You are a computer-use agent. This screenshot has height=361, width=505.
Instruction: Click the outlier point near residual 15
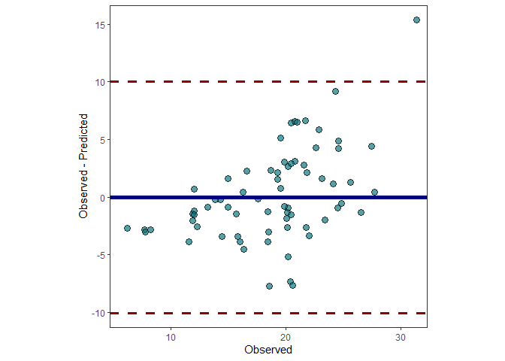coord(416,20)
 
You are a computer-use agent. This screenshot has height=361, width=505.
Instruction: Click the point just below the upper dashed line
coord(335,91)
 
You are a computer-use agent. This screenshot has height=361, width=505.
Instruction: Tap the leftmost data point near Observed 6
coord(127,228)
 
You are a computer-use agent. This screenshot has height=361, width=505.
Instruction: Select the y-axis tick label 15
coord(98,24)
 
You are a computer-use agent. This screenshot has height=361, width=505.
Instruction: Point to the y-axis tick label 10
coord(98,81)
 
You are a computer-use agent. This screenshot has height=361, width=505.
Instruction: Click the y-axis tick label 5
coord(101,139)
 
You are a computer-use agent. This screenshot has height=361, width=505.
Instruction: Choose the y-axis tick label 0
coord(101,197)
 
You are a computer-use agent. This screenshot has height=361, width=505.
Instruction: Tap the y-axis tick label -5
coord(98,255)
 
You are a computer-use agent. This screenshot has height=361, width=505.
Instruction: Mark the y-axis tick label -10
coord(96,313)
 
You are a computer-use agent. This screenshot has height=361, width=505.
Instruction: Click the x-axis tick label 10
coord(171,336)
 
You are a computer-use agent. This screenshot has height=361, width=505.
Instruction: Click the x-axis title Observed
coord(268,350)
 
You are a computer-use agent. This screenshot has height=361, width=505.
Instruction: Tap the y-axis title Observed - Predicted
coord(84,166)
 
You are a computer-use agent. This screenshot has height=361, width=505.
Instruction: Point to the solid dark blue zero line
coord(225,197)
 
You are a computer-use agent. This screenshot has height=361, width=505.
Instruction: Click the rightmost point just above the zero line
coord(374,192)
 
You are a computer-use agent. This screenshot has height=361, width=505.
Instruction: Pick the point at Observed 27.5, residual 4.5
coord(371,146)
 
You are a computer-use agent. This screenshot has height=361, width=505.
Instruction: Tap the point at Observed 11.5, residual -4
coord(189,241)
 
